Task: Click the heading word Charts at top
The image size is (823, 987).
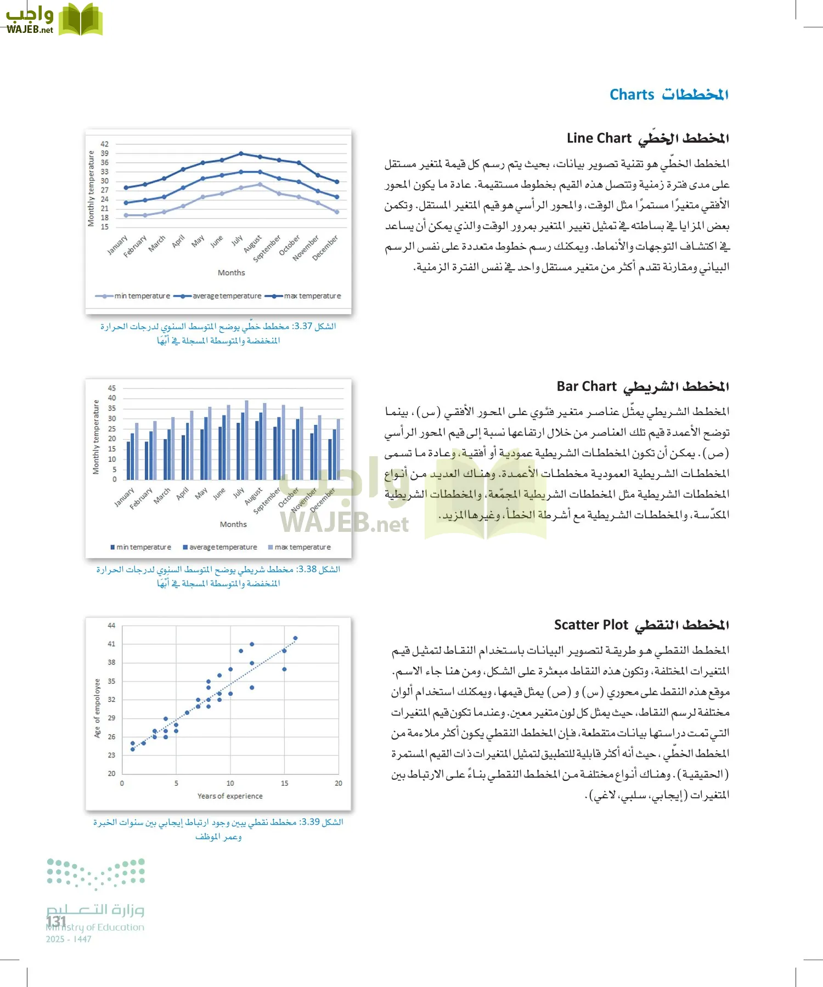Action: coord(632,95)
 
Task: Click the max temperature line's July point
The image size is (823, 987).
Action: coord(241,154)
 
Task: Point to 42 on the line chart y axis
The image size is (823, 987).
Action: coord(104,144)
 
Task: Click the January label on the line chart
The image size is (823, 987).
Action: coord(117,245)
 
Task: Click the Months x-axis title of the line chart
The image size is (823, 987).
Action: coord(231,273)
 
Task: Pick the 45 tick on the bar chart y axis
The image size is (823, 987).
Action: coord(111,388)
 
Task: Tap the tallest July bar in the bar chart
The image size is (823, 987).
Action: coord(246,440)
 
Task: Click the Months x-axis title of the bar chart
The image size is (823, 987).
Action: coord(233,524)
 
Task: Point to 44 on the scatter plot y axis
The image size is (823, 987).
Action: coord(111,626)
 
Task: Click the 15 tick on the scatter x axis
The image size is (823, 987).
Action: coord(284,783)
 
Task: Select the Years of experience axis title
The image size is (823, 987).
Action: coord(230,796)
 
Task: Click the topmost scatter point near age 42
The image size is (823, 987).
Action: coord(295,638)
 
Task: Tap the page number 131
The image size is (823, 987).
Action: coord(57,921)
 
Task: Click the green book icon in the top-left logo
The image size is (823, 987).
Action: coord(81,20)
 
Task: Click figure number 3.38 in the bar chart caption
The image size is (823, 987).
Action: coord(307,569)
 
